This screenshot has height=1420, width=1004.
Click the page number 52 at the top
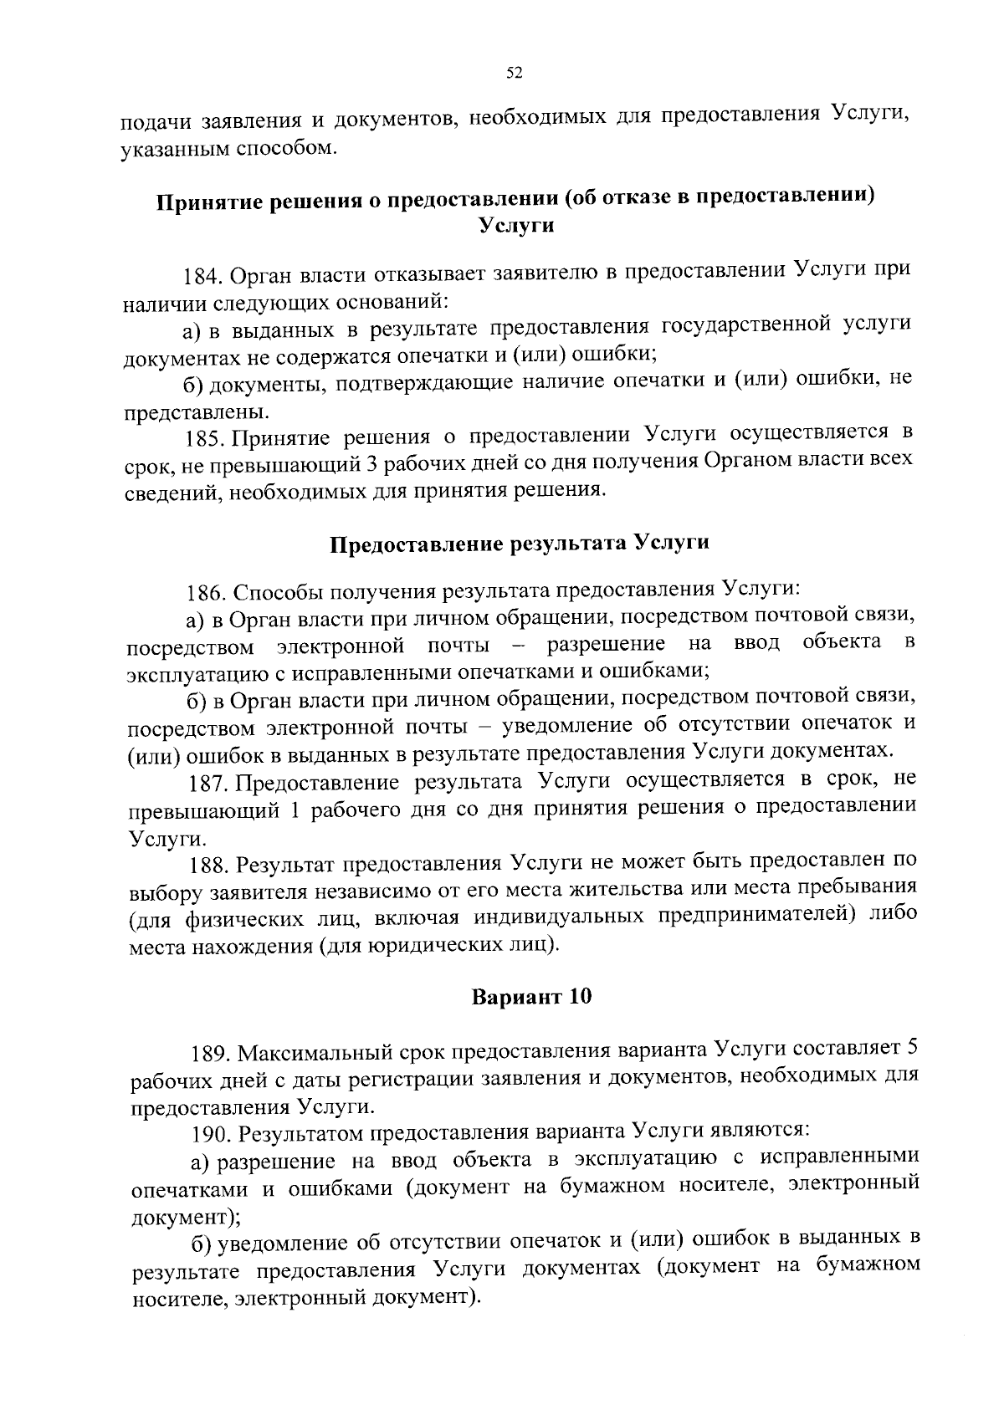point(515,74)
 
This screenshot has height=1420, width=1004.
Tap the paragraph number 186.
point(204,593)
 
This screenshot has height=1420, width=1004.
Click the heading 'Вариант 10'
point(531,997)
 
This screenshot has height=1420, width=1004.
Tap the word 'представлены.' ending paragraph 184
point(197,412)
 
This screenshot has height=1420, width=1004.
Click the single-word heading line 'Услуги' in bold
point(515,226)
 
